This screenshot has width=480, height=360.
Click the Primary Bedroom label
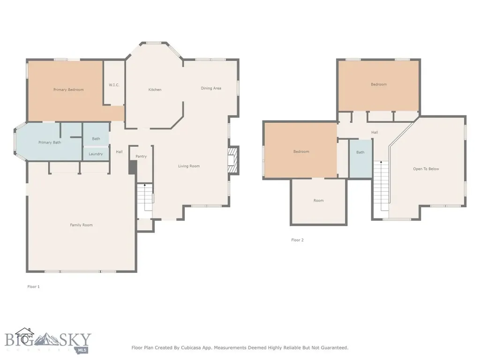point(68,90)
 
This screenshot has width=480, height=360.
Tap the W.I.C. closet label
point(114,85)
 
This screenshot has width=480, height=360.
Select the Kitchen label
point(155,90)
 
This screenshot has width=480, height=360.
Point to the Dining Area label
point(211,88)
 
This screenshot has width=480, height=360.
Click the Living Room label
point(189,166)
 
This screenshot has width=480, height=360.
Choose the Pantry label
point(141,157)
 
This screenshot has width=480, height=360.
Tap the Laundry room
point(96,154)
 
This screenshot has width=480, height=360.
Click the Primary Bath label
point(50,142)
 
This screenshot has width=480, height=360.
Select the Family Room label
point(81,225)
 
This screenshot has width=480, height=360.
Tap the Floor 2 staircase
point(381,186)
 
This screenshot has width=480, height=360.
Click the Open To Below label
point(426,169)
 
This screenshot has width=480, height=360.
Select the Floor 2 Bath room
point(360,158)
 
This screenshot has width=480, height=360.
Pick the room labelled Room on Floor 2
point(318,202)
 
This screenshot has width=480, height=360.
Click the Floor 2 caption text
point(297,240)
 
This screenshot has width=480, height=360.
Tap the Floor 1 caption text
point(33,287)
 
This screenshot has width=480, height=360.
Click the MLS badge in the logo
point(81,350)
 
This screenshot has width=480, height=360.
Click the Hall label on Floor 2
point(375,133)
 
